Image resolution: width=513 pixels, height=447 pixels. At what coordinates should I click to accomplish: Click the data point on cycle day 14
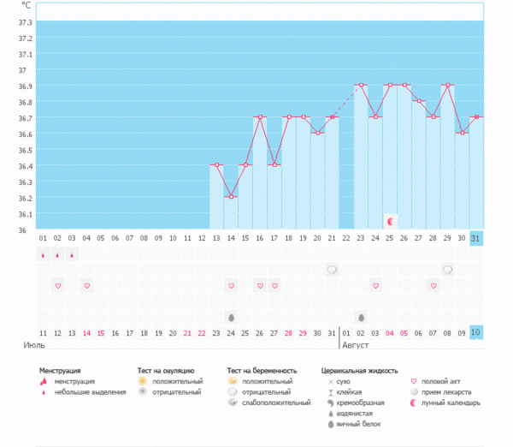(232, 197)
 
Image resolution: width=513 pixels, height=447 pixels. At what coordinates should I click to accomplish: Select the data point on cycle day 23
(362, 85)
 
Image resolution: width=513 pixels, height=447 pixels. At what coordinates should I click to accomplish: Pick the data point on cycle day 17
(274, 165)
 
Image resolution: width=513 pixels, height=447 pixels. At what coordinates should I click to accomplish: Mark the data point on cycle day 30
(463, 133)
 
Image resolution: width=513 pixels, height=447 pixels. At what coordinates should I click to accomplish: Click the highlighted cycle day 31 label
(476, 238)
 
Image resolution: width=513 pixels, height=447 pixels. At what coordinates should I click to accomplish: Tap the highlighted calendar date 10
(476, 332)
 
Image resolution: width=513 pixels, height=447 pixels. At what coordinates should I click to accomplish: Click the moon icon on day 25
(391, 221)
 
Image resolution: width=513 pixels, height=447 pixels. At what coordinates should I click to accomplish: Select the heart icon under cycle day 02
(57, 285)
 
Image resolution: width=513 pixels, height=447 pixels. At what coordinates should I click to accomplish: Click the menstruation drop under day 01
(43, 254)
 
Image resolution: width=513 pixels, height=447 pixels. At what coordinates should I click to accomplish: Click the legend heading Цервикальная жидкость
(359, 372)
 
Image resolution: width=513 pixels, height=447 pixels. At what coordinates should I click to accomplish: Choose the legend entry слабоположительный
(276, 402)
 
